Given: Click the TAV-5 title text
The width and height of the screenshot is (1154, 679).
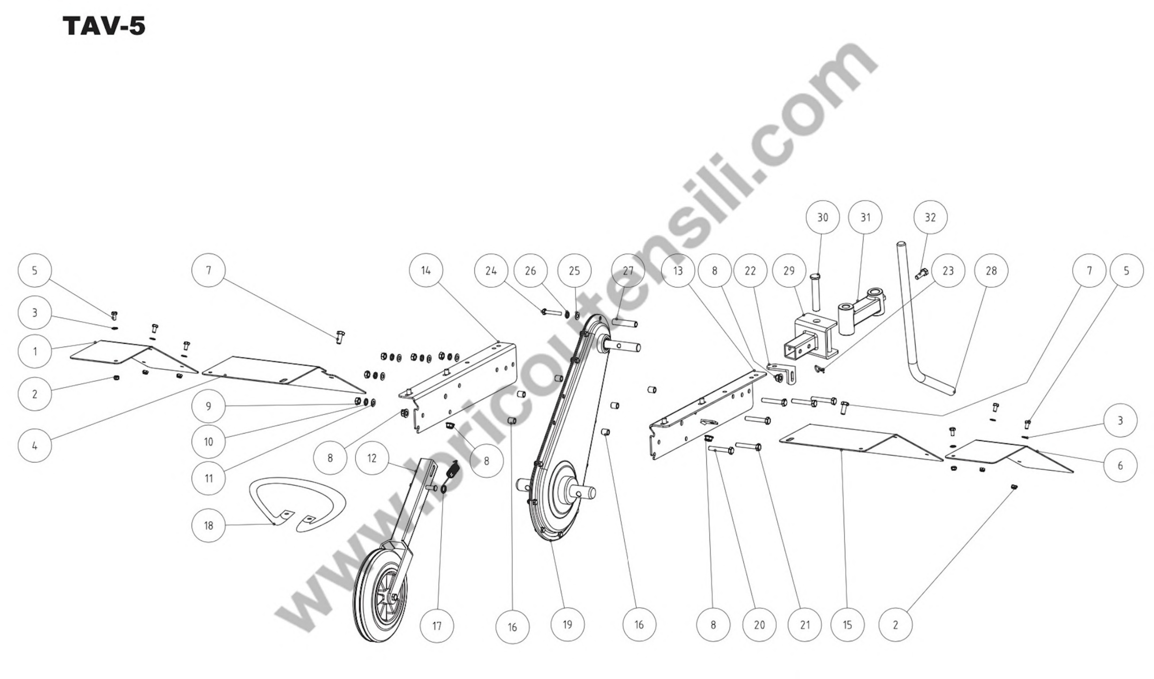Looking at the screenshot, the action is (x=104, y=27).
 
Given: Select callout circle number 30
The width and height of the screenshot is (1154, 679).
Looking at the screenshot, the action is (x=823, y=218).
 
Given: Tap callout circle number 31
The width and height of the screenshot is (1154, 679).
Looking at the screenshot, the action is (x=865, y=218).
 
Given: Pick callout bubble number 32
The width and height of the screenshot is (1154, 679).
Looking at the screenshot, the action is (x=930, y=218).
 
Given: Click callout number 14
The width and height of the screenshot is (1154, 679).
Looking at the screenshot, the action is (x=426, y=271).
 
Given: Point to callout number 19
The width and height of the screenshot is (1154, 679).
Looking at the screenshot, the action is (x=567, y=624).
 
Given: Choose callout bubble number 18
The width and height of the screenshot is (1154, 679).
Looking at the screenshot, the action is (x=208, y=525).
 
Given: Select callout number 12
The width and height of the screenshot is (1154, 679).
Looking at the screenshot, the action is (x=372, y=458).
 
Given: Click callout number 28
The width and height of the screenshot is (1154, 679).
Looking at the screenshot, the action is (x=991, y=271).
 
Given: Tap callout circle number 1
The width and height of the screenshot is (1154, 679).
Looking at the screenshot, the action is (x=35, y=352).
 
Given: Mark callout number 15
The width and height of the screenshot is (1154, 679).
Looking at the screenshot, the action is (x=847, y=625).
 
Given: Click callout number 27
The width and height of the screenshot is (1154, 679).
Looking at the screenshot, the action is (x=628, y=271).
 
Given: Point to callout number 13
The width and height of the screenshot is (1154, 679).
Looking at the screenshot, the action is (x=678, y=271).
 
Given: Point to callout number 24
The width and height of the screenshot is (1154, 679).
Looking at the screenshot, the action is (x=491, y=271).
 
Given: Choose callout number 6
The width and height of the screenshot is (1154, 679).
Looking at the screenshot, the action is (x=1120, y=466).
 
